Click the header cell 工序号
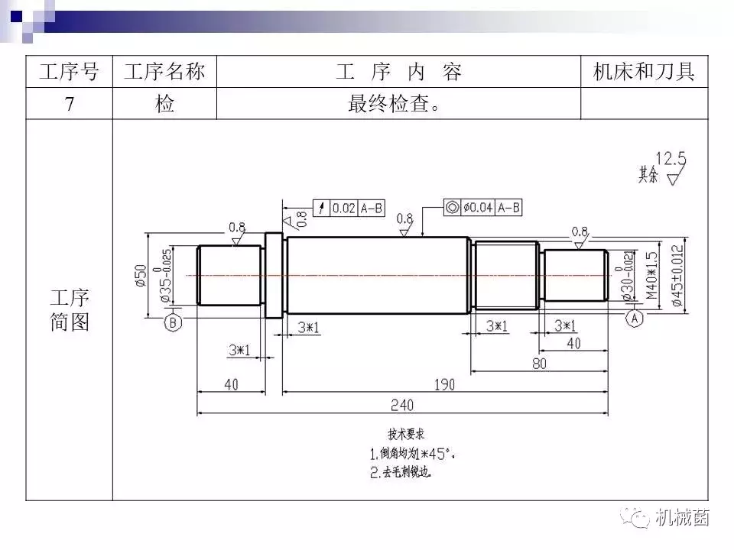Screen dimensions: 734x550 click(x=70, y=73)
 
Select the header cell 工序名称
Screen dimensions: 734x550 click(x=164, y=73)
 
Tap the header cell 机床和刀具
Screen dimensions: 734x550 click(x=644, y=73)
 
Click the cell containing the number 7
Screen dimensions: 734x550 click(x=70, y=104)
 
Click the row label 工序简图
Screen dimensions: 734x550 click(x=70, y=309)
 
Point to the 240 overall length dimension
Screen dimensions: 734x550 click(x=402, y=404)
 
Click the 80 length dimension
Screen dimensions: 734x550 click(x=539, y=363)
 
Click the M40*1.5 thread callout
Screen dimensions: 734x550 click(x=651, y=276)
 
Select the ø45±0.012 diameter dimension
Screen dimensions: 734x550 click(x=677, y=276)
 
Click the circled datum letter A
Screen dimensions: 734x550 click(x=634, y=319)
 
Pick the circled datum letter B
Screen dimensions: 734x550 click(x=173, y=323)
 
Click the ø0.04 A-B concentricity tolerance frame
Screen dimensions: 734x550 click(x=482, y=207)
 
